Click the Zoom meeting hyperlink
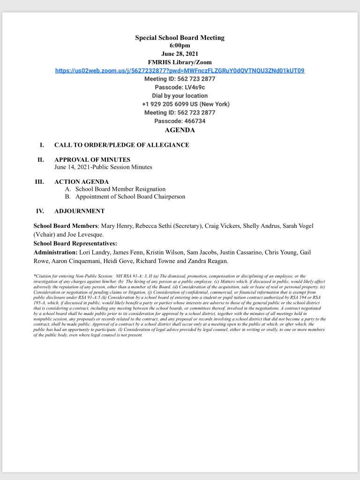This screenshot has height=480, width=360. point(180,71)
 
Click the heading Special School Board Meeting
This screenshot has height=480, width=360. point(180,37)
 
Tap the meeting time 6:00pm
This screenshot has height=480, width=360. point(180,45)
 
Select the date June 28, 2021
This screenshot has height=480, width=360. point(180,54)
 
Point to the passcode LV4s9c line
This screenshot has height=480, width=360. point(180,87)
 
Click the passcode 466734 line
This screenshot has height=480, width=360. point(180,121)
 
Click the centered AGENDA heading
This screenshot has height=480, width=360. point(180,130)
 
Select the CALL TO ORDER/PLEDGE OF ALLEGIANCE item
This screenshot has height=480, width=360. point(122,145)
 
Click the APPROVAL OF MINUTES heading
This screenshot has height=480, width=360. point(92,160)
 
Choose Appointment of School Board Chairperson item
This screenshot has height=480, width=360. point(130,197)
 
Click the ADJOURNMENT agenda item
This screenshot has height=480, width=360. point(80,211)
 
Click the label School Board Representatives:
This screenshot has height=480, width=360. point(75,243)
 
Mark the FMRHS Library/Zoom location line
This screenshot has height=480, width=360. point(180,62)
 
